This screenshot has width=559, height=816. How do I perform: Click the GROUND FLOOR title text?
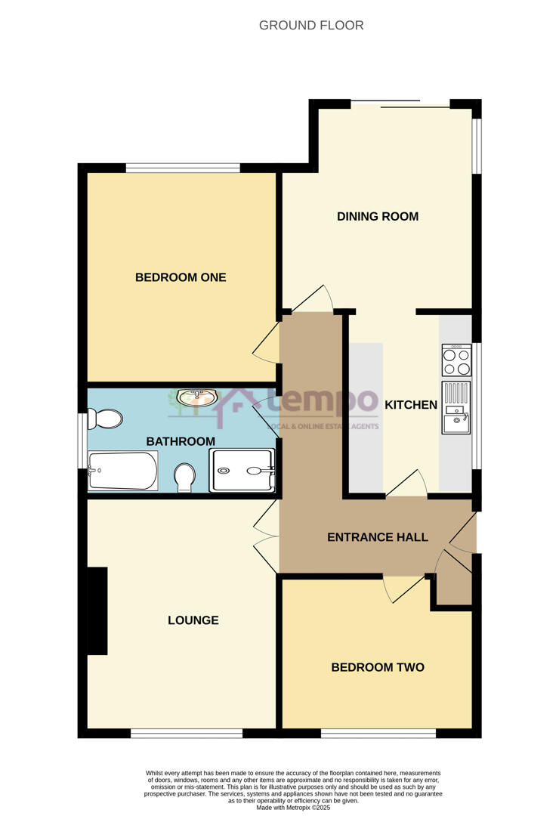[311, 26]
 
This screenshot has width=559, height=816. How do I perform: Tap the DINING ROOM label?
[377, 217]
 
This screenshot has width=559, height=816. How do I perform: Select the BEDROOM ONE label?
[181, 277]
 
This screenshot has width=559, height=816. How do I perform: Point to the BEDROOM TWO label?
[377, 667]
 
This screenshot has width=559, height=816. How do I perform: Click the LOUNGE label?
[193, 620]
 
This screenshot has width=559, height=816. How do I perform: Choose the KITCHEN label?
[411, 405]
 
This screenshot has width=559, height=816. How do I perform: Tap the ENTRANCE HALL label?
[377, 537]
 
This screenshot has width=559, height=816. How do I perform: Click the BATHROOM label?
[181, 441]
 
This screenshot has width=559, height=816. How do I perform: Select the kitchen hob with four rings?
[456, 360]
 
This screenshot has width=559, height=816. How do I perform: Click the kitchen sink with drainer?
[456, 408]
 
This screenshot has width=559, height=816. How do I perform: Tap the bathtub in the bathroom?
[122, 471]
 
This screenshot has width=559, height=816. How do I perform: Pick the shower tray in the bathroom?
[241, 470]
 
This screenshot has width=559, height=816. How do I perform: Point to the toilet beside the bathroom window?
[103, 418]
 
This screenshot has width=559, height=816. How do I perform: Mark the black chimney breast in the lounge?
[97, 610]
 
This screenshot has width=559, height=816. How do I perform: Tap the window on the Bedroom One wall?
[183, 168]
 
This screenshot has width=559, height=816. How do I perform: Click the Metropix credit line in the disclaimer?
[293, 808]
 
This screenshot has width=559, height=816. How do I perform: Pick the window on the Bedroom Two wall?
[378, 733]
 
